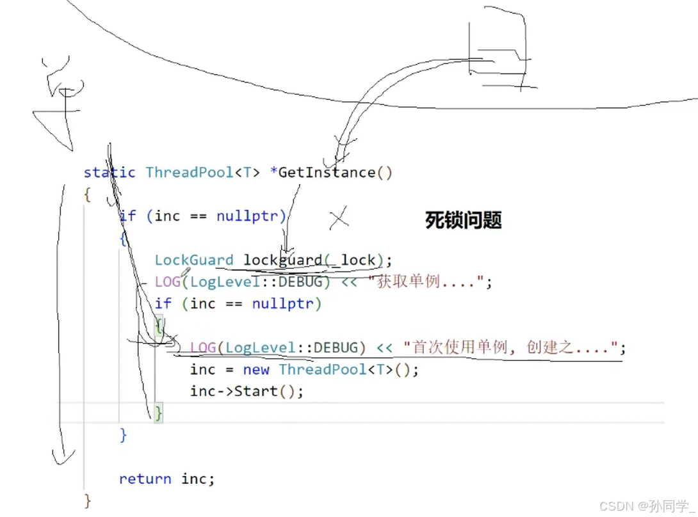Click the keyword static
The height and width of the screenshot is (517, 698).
110,172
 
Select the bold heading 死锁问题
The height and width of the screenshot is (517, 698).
463,221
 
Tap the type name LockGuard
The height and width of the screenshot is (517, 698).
194,260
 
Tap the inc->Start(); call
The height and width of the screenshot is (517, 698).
247,391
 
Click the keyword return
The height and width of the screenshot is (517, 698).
145,479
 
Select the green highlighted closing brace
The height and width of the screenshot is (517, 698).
158,413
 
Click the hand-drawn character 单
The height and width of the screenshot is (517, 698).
60,102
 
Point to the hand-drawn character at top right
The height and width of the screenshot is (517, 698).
503,51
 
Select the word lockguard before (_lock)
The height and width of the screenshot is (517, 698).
283,260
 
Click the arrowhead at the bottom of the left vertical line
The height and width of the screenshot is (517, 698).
61,456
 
